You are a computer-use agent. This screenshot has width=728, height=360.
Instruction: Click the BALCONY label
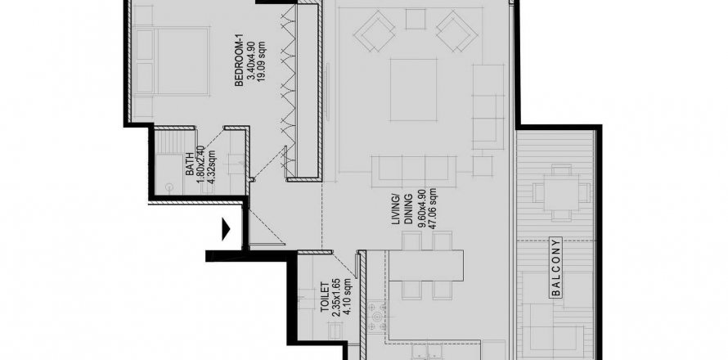point(556,267)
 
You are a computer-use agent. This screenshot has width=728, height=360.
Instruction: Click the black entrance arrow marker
point(226,228)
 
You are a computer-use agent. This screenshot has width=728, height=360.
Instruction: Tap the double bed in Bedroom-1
point(172,61)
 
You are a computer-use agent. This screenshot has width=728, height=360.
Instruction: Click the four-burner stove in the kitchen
point(376,317)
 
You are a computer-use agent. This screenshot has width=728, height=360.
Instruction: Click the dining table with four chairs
point(426,266)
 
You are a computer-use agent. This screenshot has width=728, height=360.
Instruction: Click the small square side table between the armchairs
point(416,19)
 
